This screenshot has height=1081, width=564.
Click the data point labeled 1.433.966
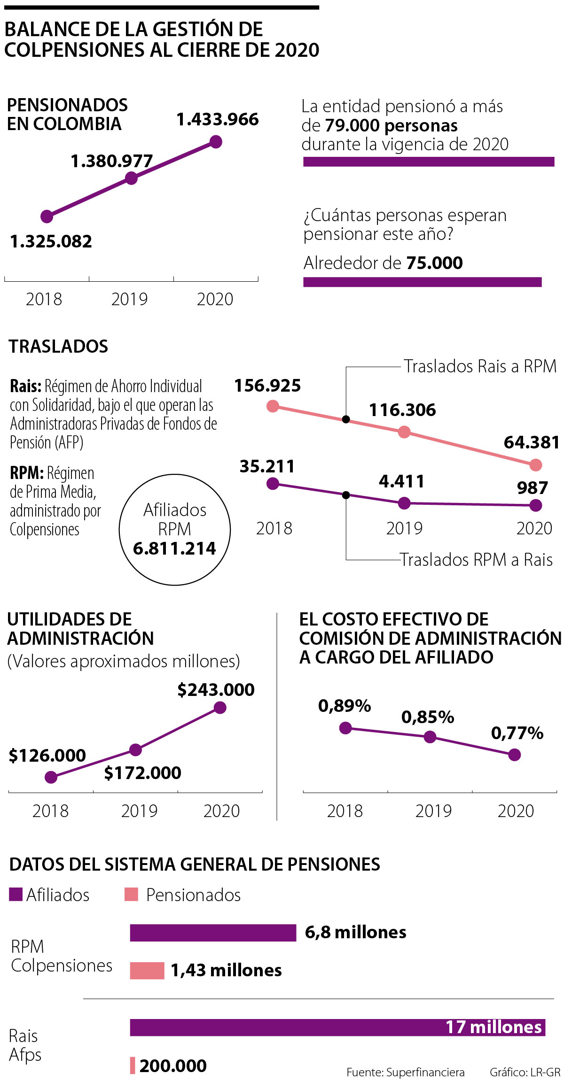[x=216, y=141]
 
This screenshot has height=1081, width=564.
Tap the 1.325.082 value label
[x=51, y=241]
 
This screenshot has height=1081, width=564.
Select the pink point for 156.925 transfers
[x=273, y=406]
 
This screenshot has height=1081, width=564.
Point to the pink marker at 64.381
[x=536, y=465]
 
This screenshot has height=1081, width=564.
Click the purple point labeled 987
[x=536, y=505]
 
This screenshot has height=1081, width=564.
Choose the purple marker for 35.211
[x=273, y=484]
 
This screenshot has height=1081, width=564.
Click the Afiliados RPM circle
[x=175, y=530]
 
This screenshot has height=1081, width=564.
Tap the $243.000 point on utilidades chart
[x=220, y=708]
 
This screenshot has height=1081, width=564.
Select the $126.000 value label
[x=47, y=756]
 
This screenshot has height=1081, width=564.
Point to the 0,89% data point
[x=345, y=728]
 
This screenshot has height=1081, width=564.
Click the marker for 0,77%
[x=515, y=755]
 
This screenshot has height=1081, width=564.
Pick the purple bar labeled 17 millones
[x=337, y=1027]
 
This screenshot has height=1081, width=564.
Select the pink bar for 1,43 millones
[x=147, y=971]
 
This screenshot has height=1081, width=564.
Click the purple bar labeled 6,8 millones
[x=213, y=933]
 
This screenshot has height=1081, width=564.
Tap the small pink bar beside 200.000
[x=133, y=1066]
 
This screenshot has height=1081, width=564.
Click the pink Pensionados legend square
[x=131, y=895]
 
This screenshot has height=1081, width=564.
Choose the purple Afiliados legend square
[x=16, y=895]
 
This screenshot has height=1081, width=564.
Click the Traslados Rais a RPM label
[x=480, y=366]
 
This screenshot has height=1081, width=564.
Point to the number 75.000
[x=434, y=263]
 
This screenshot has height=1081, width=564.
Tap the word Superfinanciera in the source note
[x=425, y=1073]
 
